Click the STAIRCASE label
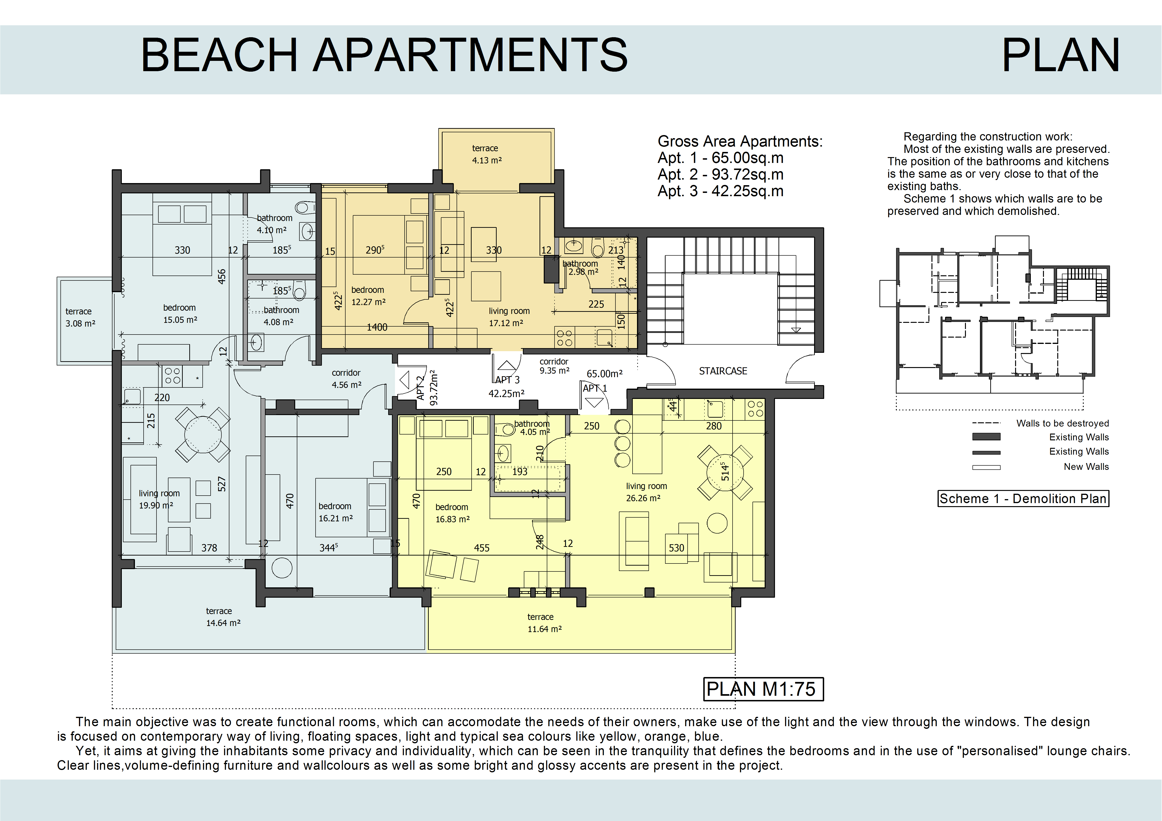click(x=723, y=371)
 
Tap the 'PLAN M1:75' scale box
click(x=763, y=689)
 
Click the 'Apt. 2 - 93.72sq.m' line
click(x=720, y=174)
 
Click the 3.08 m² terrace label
click(x=80, y=317)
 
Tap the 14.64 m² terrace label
click(x=223, y=617)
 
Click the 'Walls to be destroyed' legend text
click(x=1062, y=423)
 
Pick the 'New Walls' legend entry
click(x=1086, y=466)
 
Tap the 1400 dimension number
click(x=377, y=327)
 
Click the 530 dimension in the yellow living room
click(x=676, y=548)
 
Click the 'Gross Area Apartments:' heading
click(x=740, y=141)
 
